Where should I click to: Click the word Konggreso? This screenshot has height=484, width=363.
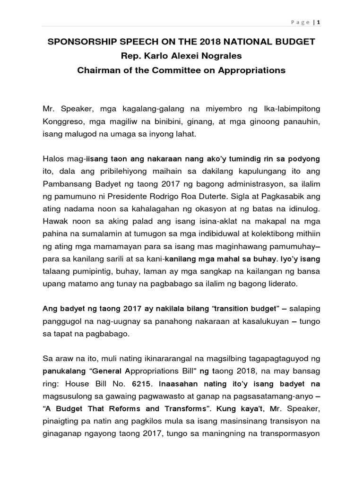point(61,121)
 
